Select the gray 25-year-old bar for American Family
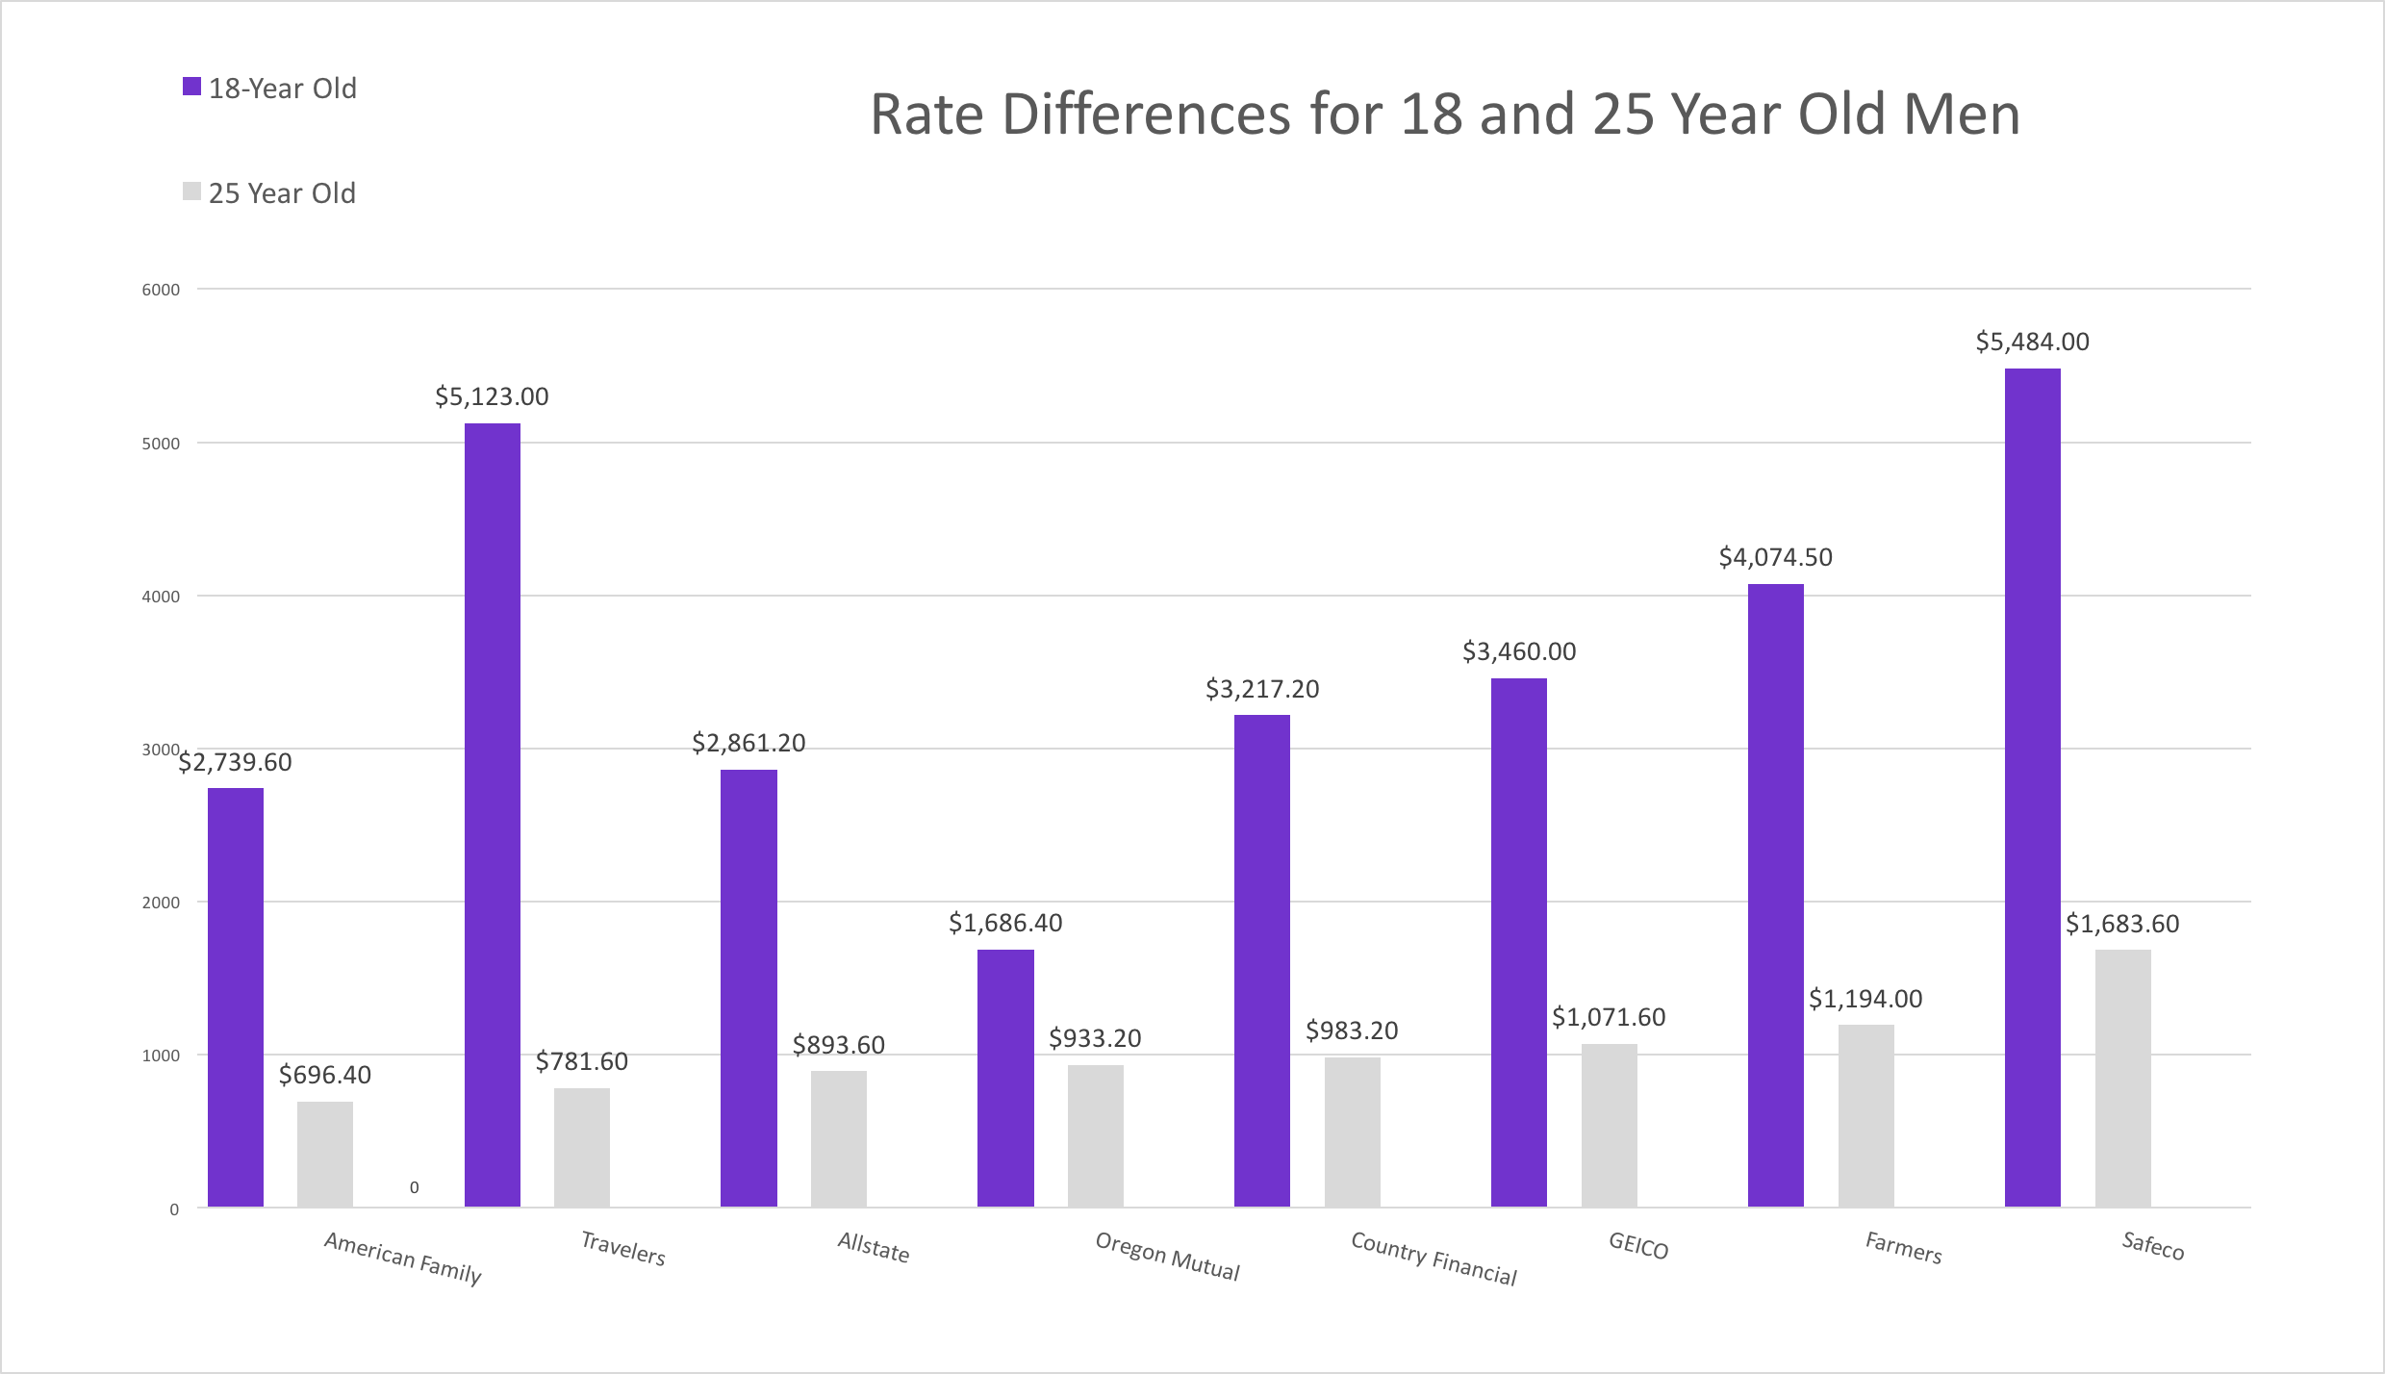(324, 1154)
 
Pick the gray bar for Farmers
(1865, 1115)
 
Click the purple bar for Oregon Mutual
(1005, 1078)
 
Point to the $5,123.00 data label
(492, 396)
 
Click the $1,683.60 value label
(2122, 924)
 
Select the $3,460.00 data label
(1519, 651)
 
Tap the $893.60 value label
(838, 1045)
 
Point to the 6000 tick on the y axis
(161, 290)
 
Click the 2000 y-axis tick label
(161, 903)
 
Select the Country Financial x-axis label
(1434, 1258)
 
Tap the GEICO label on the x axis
(1638, 1246)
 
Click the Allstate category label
(873, 1247)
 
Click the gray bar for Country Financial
(1352, 1132)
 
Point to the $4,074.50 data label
(1775, 557)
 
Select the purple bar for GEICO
(1518, 942)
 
